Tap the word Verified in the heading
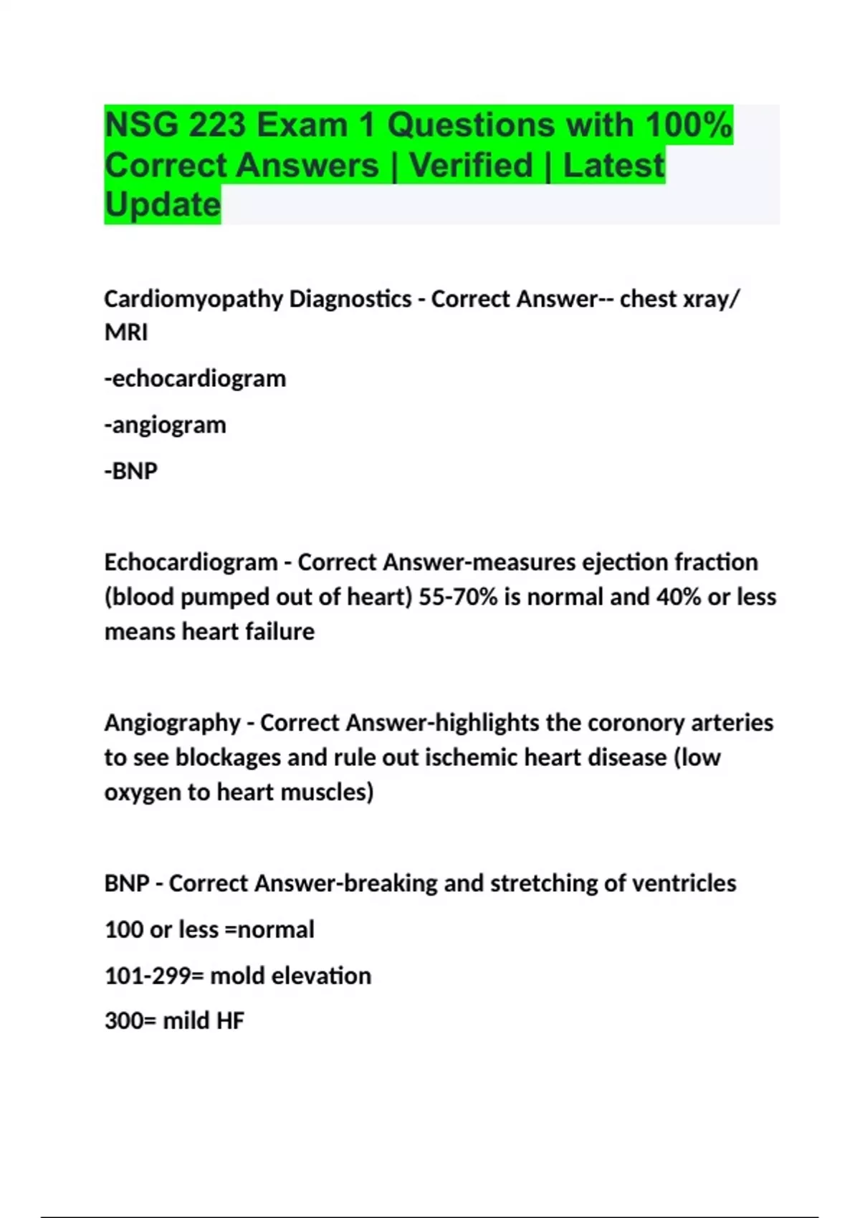471,166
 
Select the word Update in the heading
163,205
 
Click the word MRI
126,332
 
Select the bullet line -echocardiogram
195,378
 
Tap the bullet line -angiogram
166,425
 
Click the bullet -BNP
131,471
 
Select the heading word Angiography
172,722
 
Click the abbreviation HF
230,1021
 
